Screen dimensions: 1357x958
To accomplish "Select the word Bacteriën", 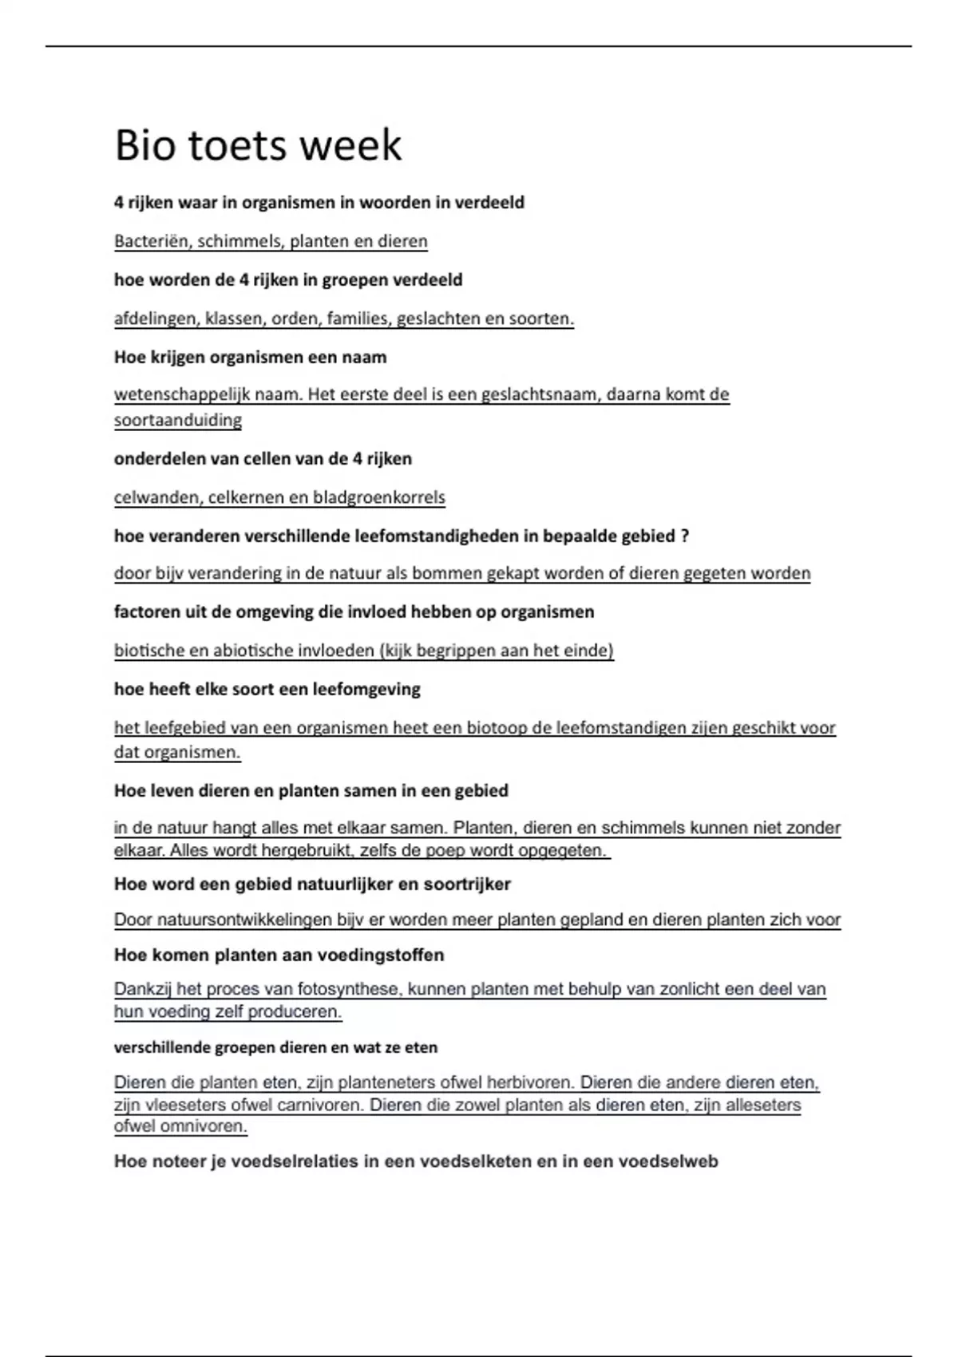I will (152, 241).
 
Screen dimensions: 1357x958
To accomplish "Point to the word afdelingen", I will (156, 318).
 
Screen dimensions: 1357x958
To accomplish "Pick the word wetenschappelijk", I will (182, 394).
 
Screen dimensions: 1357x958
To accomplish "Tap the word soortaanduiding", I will (178, 420).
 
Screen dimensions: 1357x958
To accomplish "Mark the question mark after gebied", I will (684, 536).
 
